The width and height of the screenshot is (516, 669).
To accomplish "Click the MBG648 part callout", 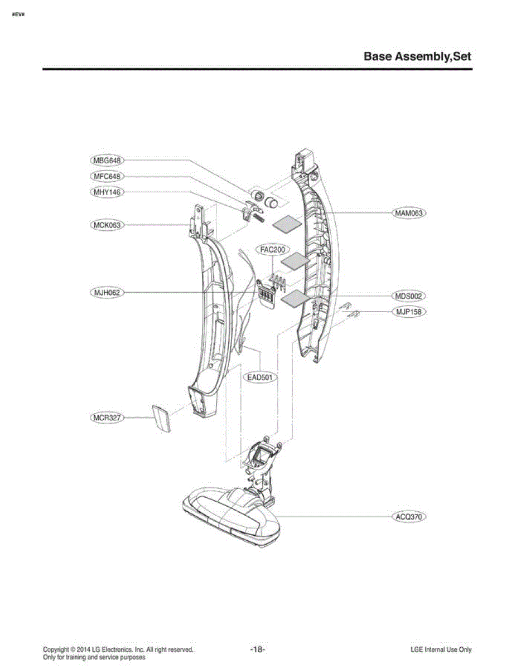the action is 107,161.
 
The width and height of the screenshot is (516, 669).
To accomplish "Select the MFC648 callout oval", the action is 107,176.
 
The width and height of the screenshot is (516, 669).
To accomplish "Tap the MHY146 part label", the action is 107,192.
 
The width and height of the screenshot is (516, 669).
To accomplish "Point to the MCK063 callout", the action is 107,225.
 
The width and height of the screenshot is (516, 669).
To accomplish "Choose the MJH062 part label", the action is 107,292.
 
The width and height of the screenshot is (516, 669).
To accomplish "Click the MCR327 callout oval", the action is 107,418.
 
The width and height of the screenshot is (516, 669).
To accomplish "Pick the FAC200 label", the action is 273,250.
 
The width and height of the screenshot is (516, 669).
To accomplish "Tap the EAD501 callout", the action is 261,377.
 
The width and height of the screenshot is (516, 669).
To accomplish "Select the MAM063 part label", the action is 409,213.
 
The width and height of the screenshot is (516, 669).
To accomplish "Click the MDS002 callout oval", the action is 409,296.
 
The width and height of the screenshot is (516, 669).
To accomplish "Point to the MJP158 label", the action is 409,312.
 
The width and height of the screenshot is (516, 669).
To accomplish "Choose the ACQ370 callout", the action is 409,516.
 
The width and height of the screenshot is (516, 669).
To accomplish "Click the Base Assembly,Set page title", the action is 417,57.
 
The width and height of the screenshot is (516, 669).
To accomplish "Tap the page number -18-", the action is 258,649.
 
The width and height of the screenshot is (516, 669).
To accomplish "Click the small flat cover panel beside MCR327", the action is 161,419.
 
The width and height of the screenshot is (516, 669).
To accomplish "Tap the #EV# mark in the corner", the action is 18,14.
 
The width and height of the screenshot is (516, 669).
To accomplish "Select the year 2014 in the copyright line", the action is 83,649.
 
